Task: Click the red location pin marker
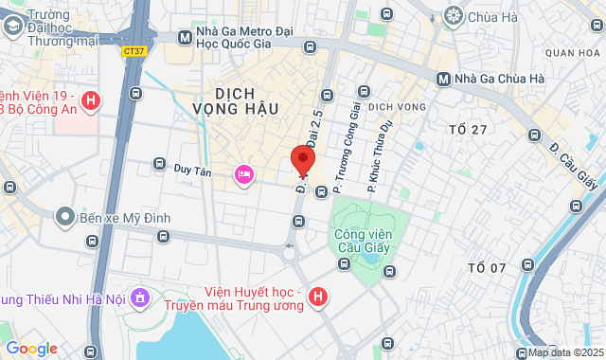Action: [302, 161]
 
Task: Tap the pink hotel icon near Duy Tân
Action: [243, 173]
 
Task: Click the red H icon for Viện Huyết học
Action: [319, 298]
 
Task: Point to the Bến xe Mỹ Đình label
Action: [125, 218]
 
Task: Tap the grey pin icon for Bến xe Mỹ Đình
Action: [64, 218]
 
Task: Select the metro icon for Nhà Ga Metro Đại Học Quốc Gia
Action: [186, 38]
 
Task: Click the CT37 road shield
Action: [134, 52]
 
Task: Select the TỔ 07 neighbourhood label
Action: [487, 268]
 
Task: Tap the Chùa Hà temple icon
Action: [454, 15]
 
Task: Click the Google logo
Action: [31, 349]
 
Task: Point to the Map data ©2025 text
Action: [564, 352]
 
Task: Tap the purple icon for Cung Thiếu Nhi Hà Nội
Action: [140, 298]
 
